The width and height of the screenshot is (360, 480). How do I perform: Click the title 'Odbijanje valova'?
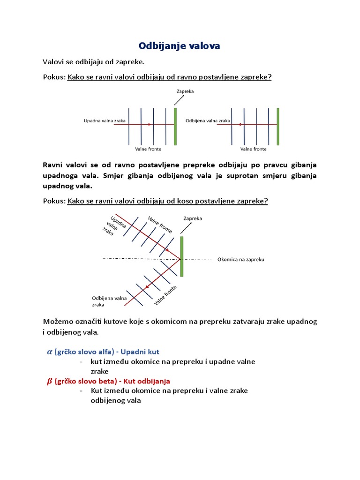[x=179, y=46]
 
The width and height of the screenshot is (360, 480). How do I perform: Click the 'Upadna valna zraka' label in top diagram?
[x=104, y=120]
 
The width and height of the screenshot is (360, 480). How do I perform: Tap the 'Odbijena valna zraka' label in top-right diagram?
[x=208, y=120]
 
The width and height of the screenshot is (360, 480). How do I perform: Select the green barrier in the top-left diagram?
[x=175, y=126]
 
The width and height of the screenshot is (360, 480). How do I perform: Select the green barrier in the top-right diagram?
[x=277, y=126]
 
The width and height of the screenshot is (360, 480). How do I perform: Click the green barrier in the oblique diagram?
[x=181, y=256]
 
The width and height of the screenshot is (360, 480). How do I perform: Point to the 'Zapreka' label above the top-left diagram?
[x=185, y=91]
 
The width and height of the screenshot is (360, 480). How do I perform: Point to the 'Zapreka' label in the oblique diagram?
[x=193, y=218]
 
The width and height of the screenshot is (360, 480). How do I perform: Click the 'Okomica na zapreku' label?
[x=241, y=259]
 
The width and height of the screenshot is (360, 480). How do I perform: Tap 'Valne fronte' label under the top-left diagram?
[x=148, y=149]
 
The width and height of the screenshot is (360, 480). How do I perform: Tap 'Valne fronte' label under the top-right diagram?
[x=253, y=149]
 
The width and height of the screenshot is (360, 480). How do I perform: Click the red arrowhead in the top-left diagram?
[x=150, y=125]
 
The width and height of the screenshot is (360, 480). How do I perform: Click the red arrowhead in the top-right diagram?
[x=240, y=125]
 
